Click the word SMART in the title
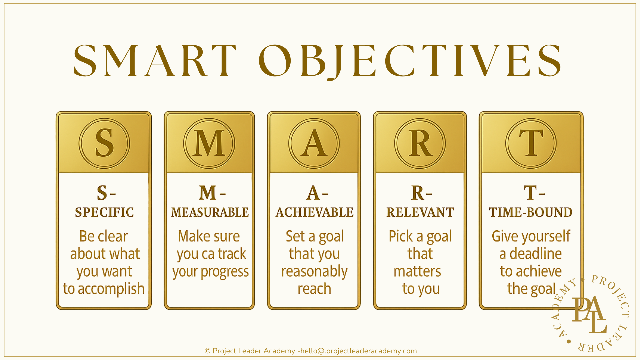tap(155, 61)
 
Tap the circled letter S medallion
tap(104, 143)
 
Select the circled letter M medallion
tap(209, 143)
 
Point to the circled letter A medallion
tap(314, 143)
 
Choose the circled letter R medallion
tap(420, 143)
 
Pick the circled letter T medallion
tap(531, 143)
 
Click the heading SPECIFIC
tap(104, 212)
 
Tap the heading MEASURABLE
tap(210, 212)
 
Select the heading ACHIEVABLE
tap(314, 212)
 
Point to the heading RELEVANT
tap(420, 212)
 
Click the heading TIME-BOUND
tap(531, 212)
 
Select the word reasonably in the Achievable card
tap(314, 272)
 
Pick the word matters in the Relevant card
tap(417, 272)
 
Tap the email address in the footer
tap(359, 351)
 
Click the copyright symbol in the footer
tap(207, 351)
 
